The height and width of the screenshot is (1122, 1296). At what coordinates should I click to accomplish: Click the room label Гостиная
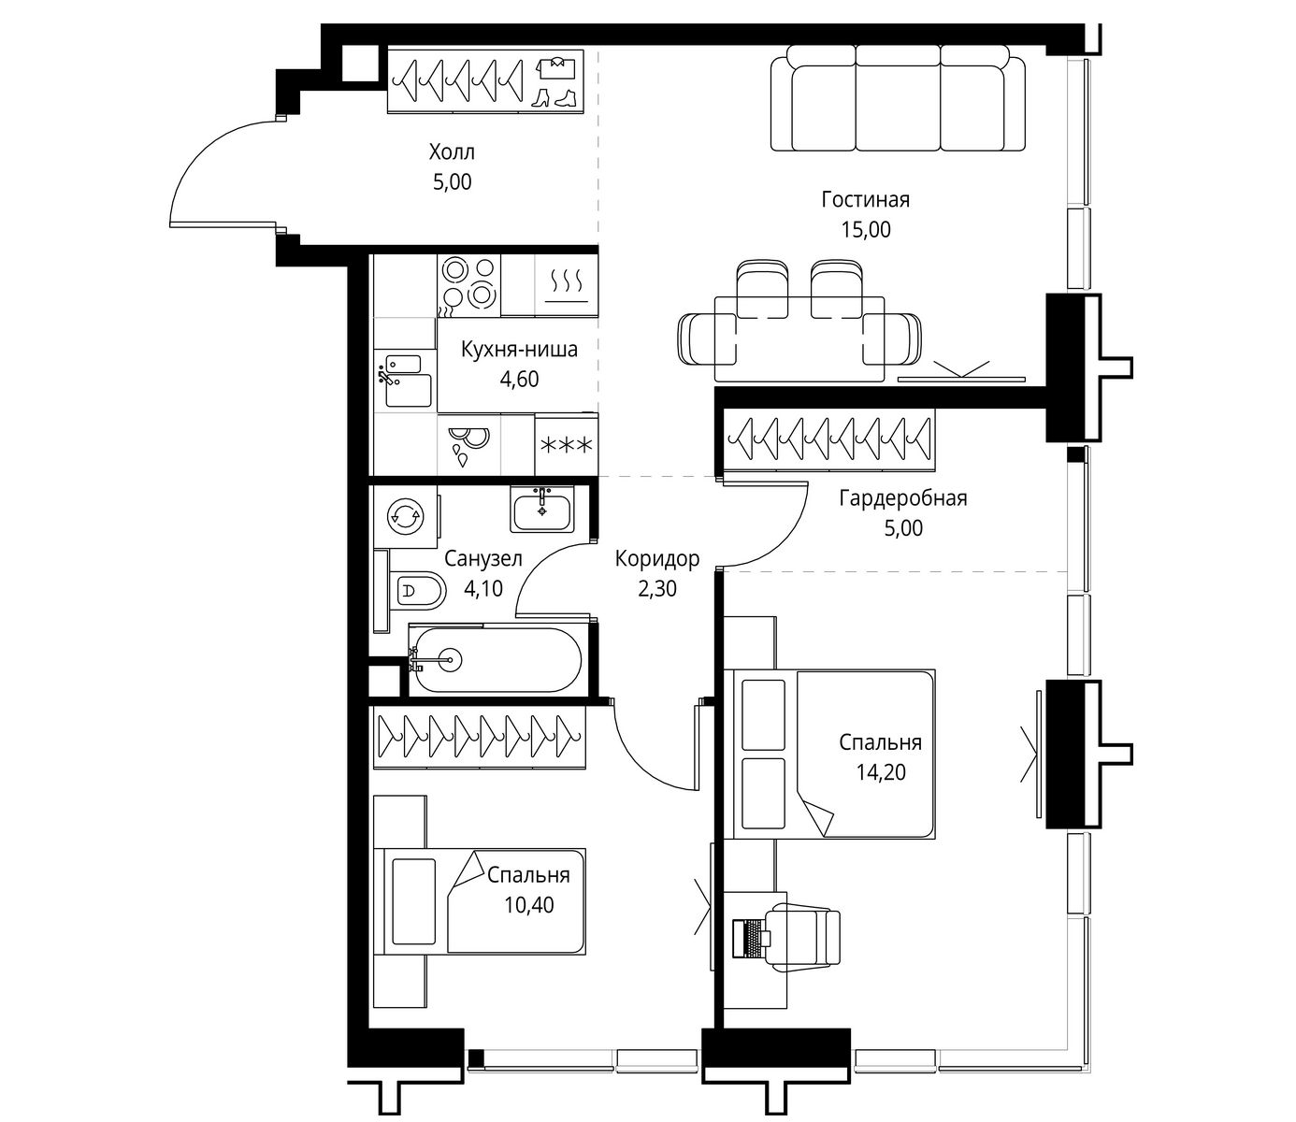(865, 200)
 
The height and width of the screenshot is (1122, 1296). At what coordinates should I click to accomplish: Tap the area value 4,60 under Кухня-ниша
(519, 380)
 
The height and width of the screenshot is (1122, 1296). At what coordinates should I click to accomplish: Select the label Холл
(452, 152)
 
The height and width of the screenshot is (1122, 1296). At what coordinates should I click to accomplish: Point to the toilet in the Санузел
(418, 590)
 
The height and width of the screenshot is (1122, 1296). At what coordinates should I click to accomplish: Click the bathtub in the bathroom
(496, 659)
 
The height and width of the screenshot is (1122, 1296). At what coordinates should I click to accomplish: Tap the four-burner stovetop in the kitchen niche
(469, 285)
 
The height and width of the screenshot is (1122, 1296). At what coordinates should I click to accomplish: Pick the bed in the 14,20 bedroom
(829, 754)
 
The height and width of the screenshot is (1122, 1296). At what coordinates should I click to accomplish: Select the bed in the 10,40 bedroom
(480, 902)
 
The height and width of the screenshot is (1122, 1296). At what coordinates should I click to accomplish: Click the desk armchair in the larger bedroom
(806, 937)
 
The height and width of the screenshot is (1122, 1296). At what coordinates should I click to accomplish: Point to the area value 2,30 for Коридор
(657, 588)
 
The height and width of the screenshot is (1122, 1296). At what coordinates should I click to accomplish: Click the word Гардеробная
(903, 498)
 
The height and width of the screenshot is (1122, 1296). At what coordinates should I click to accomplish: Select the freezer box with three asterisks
(566, 444)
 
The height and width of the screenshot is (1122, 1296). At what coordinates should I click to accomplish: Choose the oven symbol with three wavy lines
(566, 285)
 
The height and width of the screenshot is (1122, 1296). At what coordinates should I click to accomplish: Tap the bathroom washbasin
(541, 510)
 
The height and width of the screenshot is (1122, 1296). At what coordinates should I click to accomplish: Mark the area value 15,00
(865, 230)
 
